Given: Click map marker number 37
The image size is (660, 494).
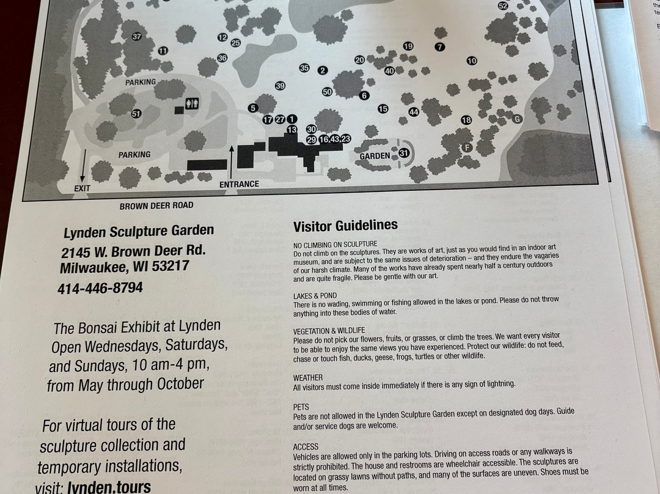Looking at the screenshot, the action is [x=137, y=37].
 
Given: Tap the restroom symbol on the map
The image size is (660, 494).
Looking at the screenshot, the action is [x=192, y=103].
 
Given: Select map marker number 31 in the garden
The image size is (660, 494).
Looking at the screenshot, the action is [x=404, y=153].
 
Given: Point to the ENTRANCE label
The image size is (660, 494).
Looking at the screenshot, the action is [x=239, y=184].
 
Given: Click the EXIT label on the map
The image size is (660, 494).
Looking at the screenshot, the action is [x=82, y=188].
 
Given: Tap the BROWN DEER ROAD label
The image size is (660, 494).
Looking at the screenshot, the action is [x=156, y=206].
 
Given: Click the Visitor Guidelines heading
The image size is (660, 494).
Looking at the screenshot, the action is [x=345, y=226].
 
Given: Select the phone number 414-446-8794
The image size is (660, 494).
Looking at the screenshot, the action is [x=100, y=289].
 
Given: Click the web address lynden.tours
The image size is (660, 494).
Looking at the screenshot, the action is [x=109, y=487].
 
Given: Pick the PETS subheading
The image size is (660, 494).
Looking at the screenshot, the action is [x=301, y=407].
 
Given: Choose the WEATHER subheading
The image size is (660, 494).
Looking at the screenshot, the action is [x=307, y=378].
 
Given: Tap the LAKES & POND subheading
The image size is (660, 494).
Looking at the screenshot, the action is [x=315, y=296].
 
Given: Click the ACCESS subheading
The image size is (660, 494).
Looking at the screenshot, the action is [x=306, y=447].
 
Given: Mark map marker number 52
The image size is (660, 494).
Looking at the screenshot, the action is [x=502, y=6].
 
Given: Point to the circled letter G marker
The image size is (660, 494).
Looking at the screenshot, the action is [x=518, y=119].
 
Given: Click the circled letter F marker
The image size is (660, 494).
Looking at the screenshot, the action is [x=466, y=147].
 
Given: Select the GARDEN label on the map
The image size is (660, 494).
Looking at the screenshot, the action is [x=375, y=157].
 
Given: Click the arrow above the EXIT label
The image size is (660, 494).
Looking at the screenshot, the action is [x=83, y=166].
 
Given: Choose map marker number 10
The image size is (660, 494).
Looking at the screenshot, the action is [x=471, y=61].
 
